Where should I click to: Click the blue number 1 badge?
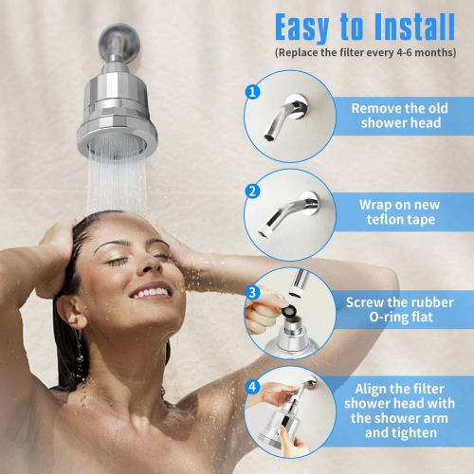[252, 92]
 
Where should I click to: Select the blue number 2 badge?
[252, 190]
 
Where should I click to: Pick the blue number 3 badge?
[252, 292]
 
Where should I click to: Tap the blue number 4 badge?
[252, 388]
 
